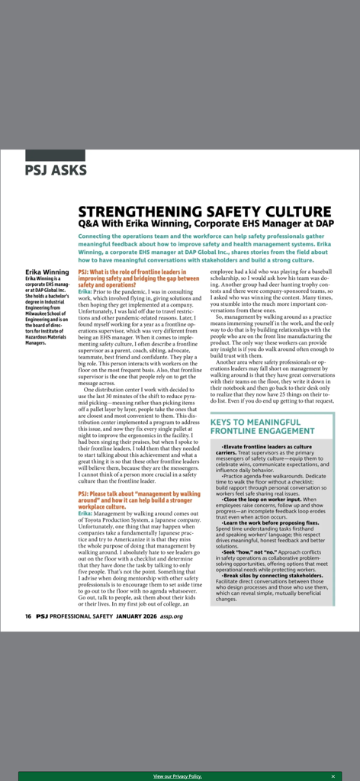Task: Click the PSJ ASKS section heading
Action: [56, 170]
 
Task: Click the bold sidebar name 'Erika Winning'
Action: [47, 272]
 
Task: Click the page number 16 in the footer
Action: [27, 615]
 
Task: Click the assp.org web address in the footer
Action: [172, 615]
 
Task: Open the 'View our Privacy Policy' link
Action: [178, 776]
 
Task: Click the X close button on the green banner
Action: [333, 776]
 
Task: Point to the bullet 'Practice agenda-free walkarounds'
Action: [259, 475]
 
